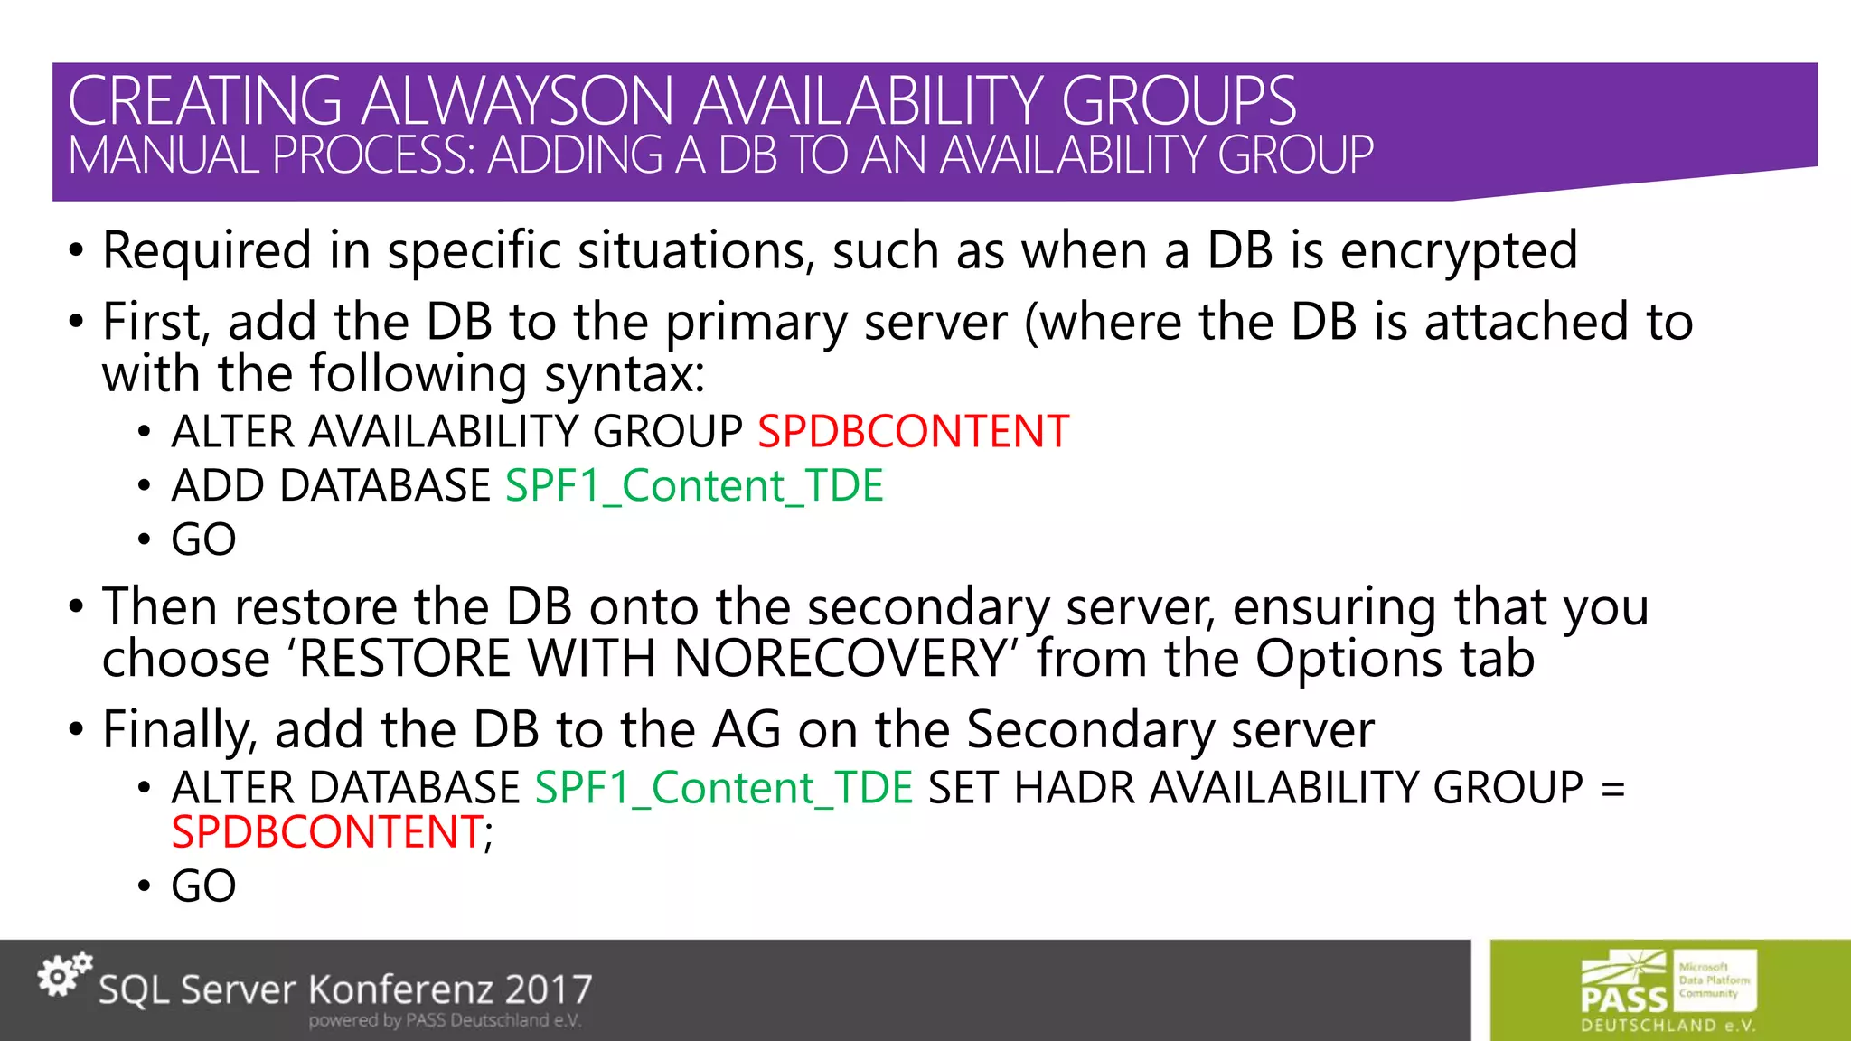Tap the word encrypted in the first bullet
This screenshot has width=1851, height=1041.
tap(1459, 251)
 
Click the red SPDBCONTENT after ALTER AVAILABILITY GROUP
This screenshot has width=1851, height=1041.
tap(913, 432)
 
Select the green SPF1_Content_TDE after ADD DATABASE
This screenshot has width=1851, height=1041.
tap(694, 486)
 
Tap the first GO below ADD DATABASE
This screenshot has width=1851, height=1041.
tap(203, 540)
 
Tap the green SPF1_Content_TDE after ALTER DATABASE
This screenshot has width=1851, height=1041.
tap(724, 788)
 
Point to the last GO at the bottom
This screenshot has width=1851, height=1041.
tap(203, 886)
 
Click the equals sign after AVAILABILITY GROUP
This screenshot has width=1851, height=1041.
tap(1612, 788)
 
